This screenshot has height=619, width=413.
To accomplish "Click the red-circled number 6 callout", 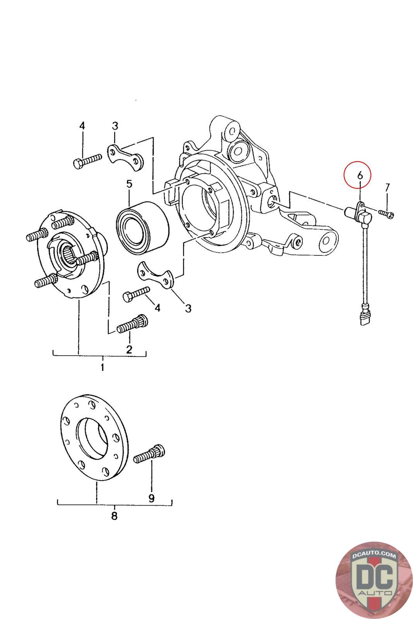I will (x=360, y=175).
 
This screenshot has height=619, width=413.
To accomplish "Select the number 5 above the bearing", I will (x=129, y=184).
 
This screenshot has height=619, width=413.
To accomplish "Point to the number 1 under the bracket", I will (x=102, y=367).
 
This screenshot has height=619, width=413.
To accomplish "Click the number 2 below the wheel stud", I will (x=129, y=349).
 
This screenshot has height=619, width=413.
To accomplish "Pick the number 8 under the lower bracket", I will (x=114, y=516).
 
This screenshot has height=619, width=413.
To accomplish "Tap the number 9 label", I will (x=151, y=498).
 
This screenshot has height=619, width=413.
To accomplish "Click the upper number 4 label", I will (x=82, y=126).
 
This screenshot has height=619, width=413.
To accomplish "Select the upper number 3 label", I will (x=115, y=126).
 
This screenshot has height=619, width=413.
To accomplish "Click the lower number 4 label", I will (x=157, y=308).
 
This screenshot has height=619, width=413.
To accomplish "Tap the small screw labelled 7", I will (x=386, y=213).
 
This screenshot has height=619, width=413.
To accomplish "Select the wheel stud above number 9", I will (x=149, y=453).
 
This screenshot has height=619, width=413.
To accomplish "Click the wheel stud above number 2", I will (x=132, y=324).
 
